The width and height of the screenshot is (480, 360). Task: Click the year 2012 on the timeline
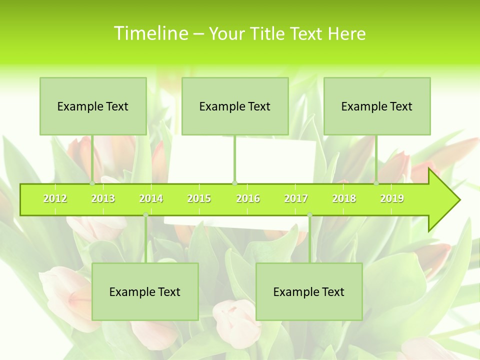pyautogui.click(x=55, y=198)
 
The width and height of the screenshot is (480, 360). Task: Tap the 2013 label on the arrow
pyautogui.click(x=103, y=198)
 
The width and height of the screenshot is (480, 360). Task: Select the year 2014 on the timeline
pyautogui.click(x=151, y=198)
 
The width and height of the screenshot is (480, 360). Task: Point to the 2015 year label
pyautogui.click(x=199, y=198)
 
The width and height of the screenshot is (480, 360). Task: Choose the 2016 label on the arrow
pyautogui.click(x=248, y=198)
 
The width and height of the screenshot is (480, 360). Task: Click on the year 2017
pyautogui.click(x=296, y=198)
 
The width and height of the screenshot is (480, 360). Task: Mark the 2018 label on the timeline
pyautogui.click(x=344, y=198)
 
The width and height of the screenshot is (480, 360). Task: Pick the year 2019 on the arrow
pyautogui.click(x=392, y=198)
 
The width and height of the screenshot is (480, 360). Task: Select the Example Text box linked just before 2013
pyautogui.click(x=93, y=106)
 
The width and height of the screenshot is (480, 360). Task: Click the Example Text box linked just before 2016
pyautogui.click(x=235, y=106)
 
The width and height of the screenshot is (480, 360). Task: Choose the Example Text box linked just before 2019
pyautogui.click(x=377, y=106)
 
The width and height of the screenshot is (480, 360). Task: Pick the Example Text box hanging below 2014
pyautogui.click(x=145, y=291)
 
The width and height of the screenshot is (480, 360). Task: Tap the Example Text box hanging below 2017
pyautogui.click(x=309, y=291)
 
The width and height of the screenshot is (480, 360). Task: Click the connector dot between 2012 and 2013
pyautogui.click(x=92, y=183)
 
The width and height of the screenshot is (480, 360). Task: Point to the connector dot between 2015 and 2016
pyautogui.click(x=234, y=183)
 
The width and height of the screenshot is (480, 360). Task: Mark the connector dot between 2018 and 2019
pyautogui.click(x=376, y=183)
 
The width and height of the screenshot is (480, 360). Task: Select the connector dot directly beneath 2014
pyautogui.click(x=145, y=215)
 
